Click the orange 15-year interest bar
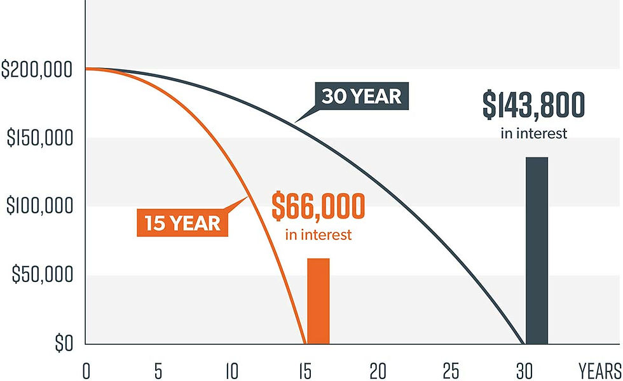[318, 301]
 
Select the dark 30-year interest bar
[537, 250]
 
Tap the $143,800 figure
[533, 105]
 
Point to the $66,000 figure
[318, 206]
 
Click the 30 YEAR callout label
[362, 96]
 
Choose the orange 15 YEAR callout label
[182, 223]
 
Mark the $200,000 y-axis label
[37, 69]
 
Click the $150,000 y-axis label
[40, 138]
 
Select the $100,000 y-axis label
[39, 206]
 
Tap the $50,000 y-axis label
[43, 274]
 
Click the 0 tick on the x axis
[86, 371]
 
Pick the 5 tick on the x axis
[158, 371]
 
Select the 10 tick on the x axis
[232, 371]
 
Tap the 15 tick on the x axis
[305, 371]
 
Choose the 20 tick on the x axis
[378, 371]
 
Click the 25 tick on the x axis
[451, 371]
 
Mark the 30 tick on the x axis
[524, 371]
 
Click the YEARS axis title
[600, 371]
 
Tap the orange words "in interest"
[318, 234]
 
